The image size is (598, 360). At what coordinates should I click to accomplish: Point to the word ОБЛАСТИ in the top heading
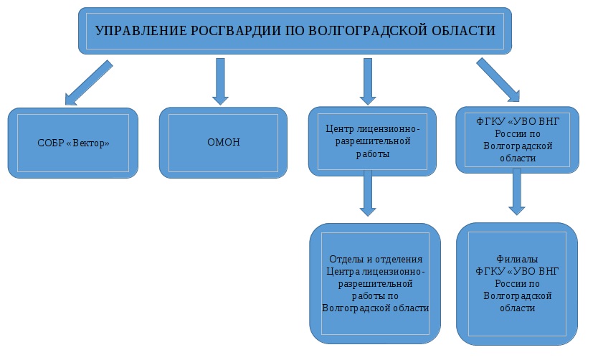(x=463, y=31)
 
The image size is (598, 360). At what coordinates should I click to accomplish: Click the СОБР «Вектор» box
(x=73, y=143)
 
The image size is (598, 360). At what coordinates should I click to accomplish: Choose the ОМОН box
(x=223, y=143)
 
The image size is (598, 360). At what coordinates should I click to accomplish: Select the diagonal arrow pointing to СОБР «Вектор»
(x=89, y=82)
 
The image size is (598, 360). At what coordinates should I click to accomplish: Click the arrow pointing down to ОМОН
(x=220, y=82)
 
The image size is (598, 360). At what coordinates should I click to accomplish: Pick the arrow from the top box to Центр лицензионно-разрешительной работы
(x=368, y=82)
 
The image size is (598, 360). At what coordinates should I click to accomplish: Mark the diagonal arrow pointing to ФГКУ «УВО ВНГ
(x=498, y=80)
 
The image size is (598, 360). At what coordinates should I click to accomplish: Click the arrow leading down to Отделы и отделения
(x=368, y=194)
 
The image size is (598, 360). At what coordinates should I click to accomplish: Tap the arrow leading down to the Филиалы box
(x=517, y=191)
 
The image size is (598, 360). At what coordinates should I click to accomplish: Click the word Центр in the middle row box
(x=339, y=129)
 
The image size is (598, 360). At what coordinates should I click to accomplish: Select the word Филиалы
(x=517, y=260)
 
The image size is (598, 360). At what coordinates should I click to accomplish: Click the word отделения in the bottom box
(x=399, y=260)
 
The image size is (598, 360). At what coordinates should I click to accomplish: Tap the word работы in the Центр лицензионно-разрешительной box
(x=373, y=154)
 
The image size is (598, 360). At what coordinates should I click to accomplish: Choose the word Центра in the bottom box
(x=343, y=272)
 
